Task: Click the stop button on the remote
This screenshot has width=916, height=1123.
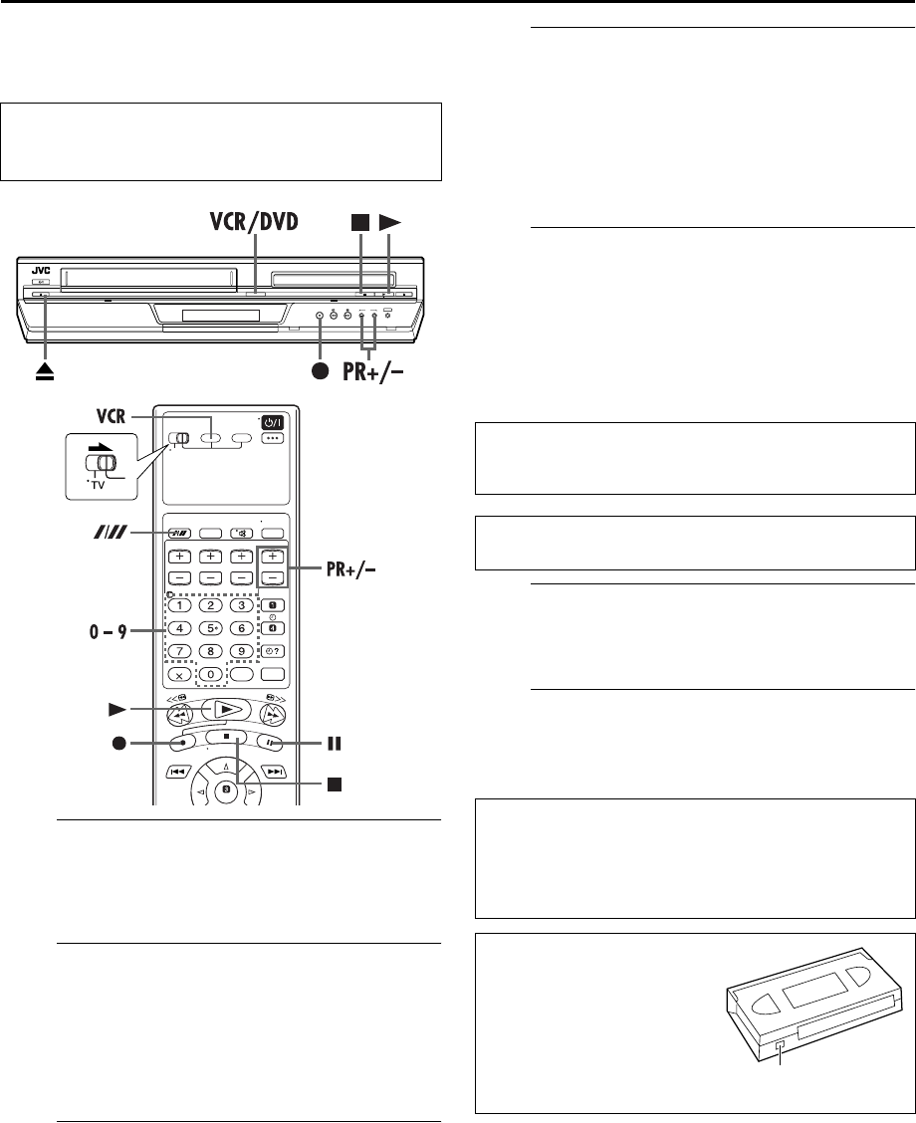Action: click(237, 738)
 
